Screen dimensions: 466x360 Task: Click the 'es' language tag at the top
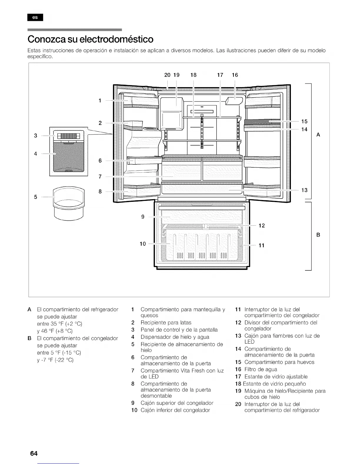[x=35, y=17]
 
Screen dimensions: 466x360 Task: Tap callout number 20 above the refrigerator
[x=167, y=75]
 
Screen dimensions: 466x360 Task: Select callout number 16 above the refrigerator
[x=235, y=75]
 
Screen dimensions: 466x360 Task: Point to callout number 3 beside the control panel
[x=36, y=136]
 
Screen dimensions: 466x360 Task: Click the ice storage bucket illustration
[x=69, y=203]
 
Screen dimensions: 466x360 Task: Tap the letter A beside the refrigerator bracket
[x=318, y=135]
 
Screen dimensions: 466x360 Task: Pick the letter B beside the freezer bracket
[x=318, y=235]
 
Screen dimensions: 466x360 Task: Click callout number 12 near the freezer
[x=261, y=226]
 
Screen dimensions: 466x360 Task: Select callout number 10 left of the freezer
[x=143, y=244]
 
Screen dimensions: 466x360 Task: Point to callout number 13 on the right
[x=304, y=190]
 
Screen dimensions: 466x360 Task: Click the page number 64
[x=34, y=453]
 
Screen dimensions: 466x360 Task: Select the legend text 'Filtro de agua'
[x=261, y=369]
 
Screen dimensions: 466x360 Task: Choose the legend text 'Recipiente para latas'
[x=166, y=322]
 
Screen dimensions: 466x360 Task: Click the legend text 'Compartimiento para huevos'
[x=279, y=362]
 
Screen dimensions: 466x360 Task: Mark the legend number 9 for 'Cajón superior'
[x=133, y=403]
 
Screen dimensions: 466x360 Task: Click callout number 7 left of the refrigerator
[x=100, y=177]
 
